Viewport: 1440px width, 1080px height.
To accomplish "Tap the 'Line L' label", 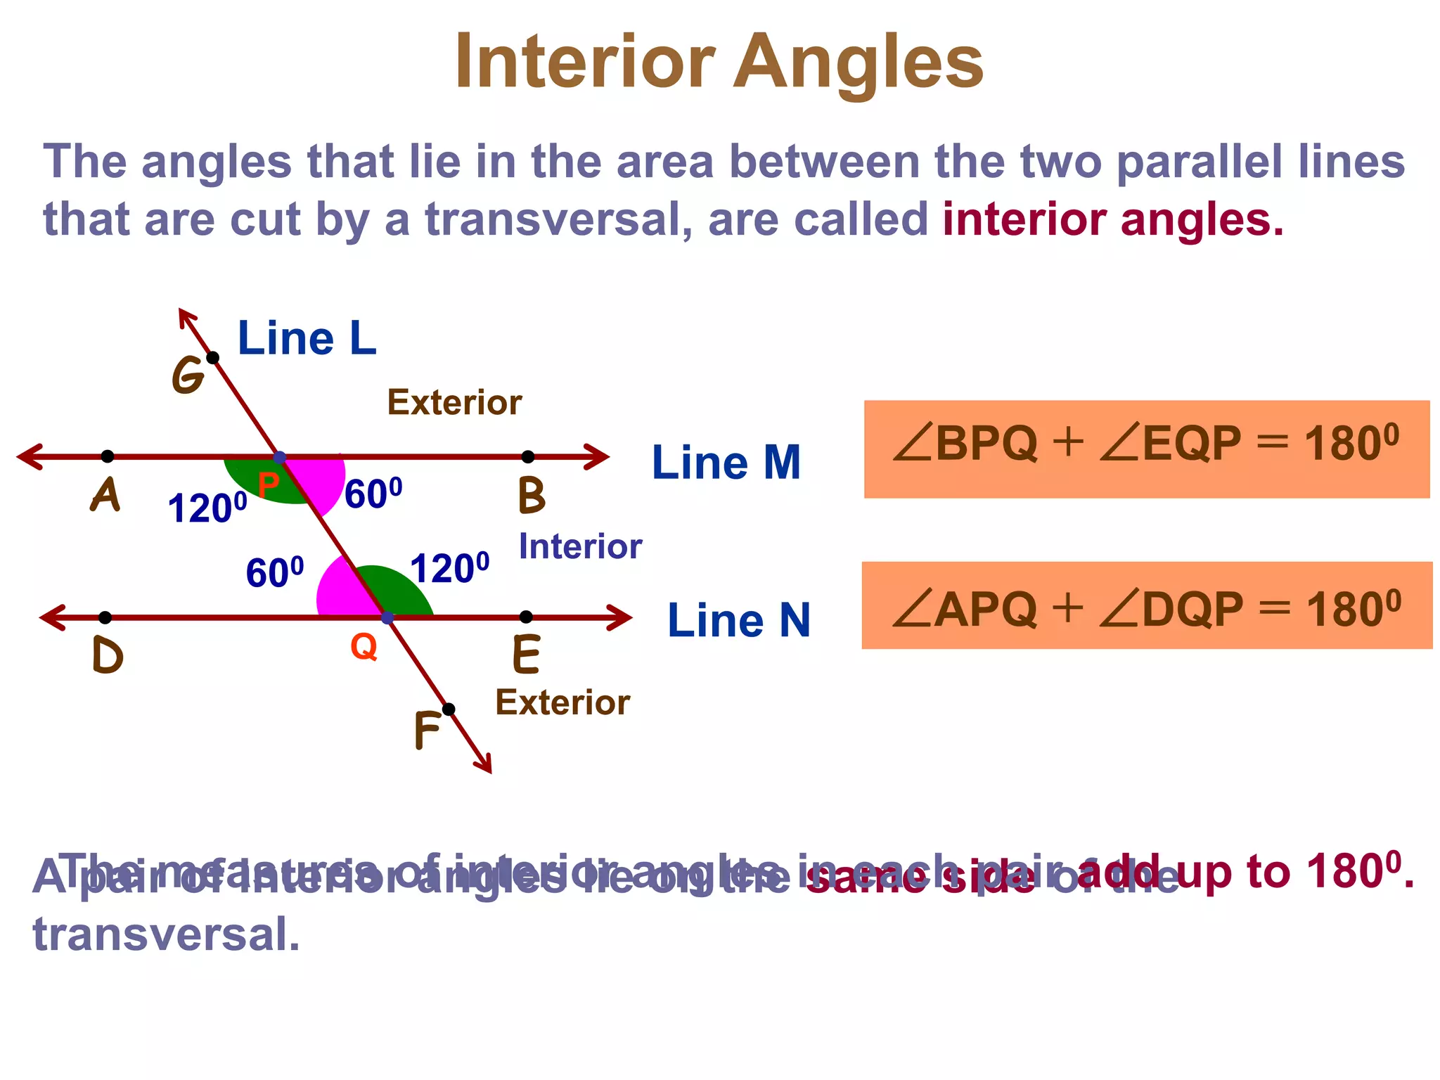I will [x=307, y=339].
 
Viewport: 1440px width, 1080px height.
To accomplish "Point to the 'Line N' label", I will [x=738, y=620].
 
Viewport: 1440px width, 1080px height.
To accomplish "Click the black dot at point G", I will [x=213, y=358].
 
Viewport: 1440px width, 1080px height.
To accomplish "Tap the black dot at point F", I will [x=449, y=709].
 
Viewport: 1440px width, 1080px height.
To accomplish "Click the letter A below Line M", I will [x=105, y=495].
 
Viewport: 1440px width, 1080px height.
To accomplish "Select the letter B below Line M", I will [x=532, y=496].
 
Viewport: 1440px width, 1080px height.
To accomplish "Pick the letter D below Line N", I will [x=108, y=656].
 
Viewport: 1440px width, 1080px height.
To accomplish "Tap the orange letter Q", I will [x=364, y=645].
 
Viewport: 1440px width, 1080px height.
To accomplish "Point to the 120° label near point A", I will [x=207, y=508].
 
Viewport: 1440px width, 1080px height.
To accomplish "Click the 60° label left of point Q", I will [x=275, y=572].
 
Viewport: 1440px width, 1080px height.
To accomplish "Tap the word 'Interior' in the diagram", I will [x=580, y=546].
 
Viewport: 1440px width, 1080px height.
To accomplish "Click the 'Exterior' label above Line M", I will [x=454, y=402].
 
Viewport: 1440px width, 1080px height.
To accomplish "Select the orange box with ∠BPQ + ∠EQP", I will [x=1146, y=449].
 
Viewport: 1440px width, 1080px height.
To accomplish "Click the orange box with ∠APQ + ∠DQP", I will [x=1146, y=605].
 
